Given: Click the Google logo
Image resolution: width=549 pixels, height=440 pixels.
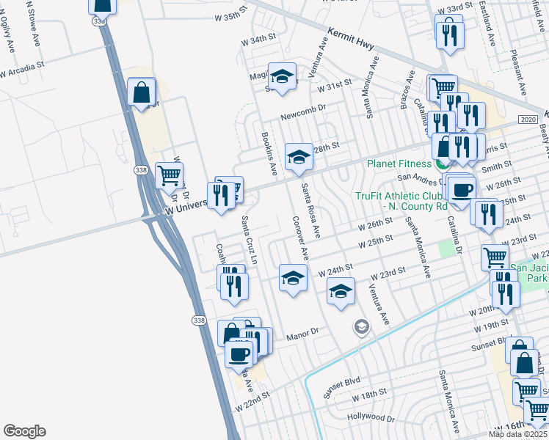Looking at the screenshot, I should point(24,431).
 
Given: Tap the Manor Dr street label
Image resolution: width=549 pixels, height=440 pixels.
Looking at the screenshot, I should point(303,331).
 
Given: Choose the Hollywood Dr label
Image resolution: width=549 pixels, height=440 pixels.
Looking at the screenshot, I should point(372,417).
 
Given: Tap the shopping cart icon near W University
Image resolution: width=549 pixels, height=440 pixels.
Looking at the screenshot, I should point(170,175).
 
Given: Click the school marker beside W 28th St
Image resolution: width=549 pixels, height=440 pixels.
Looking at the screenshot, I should point(298,155).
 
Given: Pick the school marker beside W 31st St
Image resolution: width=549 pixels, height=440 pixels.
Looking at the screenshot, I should point(281,76).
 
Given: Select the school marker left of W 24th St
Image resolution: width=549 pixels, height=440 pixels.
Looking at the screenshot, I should point(292,277).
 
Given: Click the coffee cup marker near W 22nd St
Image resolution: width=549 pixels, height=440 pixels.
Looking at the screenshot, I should point(239,355).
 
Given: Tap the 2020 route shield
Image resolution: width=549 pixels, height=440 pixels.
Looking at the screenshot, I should point(527,119).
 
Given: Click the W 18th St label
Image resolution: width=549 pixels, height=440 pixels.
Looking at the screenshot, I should point(368,395).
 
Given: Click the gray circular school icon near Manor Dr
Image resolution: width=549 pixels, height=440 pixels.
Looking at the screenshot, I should point(361,327).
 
